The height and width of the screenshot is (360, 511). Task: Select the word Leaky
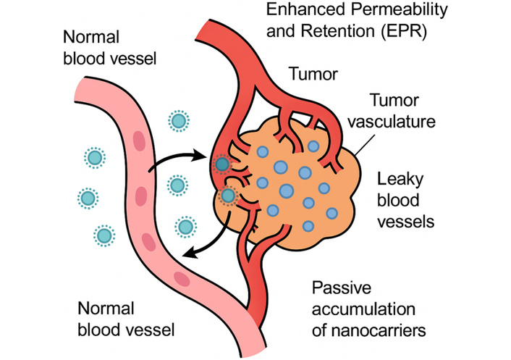pyautogui.click(x=397, y=180)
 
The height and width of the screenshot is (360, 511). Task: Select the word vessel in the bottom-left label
pyautogui.click(x=159, y=330)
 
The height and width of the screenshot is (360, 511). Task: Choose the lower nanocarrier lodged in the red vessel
pyautogui.click(x=228, y=195)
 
